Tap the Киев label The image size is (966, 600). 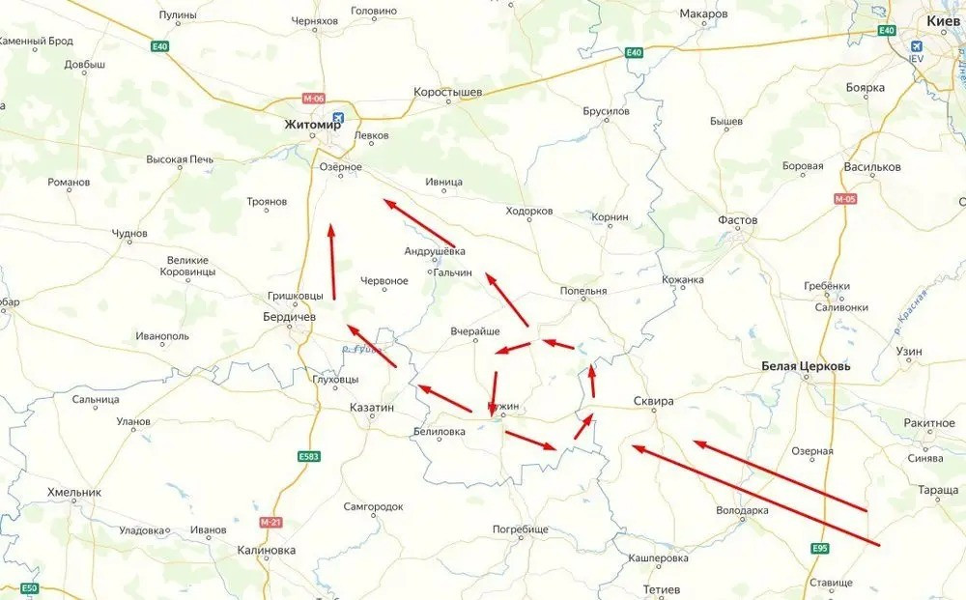[943, 19]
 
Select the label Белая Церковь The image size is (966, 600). [806, 366]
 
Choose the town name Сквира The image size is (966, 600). [653, 401]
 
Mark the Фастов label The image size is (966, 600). [737, 220]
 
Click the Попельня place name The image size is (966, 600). [582, 291]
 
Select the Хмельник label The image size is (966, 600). [73, 492]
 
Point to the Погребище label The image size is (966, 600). [521, 529]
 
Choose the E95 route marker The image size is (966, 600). [821, 549]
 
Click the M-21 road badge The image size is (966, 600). [270, 522]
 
